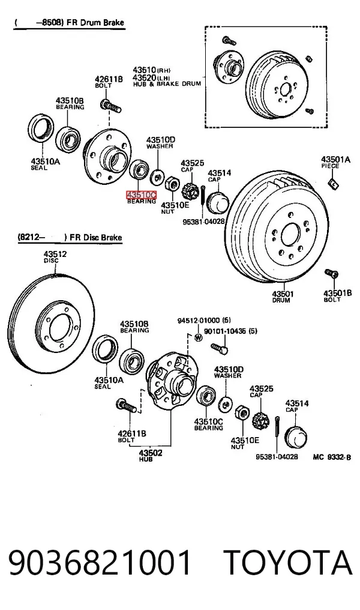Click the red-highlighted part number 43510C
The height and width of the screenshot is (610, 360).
[x=141, y=194]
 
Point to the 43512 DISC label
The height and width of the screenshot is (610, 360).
[x=55, y=257]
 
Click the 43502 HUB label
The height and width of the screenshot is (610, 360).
[x=151, y=456]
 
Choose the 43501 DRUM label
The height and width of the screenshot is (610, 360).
[x=283, y=297]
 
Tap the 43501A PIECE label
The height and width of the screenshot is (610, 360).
[x=335, y=162]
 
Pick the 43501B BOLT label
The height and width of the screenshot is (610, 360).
[x=337, y=295]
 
